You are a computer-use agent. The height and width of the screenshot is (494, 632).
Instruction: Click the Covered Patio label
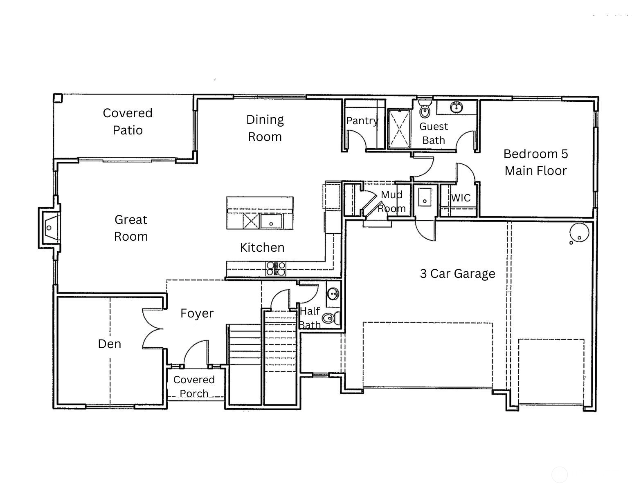click(128, 121)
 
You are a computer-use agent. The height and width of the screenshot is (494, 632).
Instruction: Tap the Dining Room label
click(265, 128)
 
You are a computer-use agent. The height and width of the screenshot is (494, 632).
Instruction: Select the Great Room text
click(131, 228)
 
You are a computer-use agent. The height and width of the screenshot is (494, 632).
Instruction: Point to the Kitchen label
click(262, 248)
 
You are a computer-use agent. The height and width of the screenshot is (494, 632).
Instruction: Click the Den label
click(109, 344)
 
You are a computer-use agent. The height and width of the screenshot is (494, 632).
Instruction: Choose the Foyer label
click(197, 313)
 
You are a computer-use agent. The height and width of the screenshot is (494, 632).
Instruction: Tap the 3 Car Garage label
click(457, 274)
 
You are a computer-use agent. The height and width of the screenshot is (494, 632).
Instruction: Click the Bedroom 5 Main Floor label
click(535, 162)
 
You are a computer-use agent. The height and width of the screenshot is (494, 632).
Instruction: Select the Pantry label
click(362, 121)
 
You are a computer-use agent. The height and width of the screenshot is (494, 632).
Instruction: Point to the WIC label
click(461, 198)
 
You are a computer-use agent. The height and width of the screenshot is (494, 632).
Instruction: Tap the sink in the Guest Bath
click(457, 107)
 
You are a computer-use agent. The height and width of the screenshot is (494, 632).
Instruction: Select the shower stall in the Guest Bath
click(399, 129)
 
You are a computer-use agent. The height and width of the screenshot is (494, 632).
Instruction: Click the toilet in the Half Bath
click(331, 318)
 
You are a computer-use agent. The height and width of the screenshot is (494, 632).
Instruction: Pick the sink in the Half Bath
click(333, 294)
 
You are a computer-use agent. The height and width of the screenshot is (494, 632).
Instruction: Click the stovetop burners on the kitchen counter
click(276, 268)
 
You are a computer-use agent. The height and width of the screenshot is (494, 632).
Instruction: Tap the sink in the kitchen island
click(271, 221)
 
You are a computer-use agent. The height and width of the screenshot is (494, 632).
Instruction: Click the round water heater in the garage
click(579, 233)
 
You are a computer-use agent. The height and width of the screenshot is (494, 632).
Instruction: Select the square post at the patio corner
click(58, 98)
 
